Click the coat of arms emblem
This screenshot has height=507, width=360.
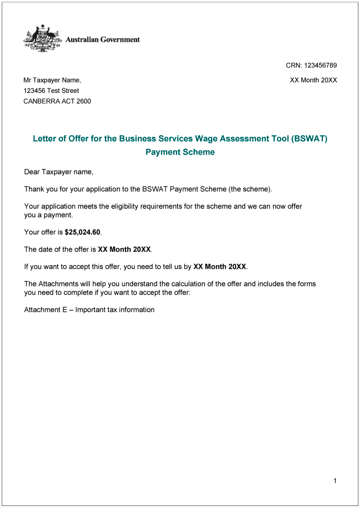[42, 38]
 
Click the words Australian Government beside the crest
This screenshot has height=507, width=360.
[102, 39]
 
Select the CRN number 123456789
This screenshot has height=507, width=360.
[321, 65]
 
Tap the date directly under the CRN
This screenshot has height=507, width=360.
[313, 80]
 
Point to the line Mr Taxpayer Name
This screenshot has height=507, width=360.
[52, 80]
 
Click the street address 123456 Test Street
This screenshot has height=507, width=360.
[51, 91]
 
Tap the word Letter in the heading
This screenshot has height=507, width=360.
[45, 139]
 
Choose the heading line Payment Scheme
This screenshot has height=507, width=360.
[180, 152]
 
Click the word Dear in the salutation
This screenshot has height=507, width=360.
[32, 172]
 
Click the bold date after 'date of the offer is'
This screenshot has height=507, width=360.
[124, 250]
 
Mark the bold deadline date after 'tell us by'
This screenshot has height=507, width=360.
[219, 267]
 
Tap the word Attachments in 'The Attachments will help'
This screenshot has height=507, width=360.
[59, 284]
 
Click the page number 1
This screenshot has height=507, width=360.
[335, 481]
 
